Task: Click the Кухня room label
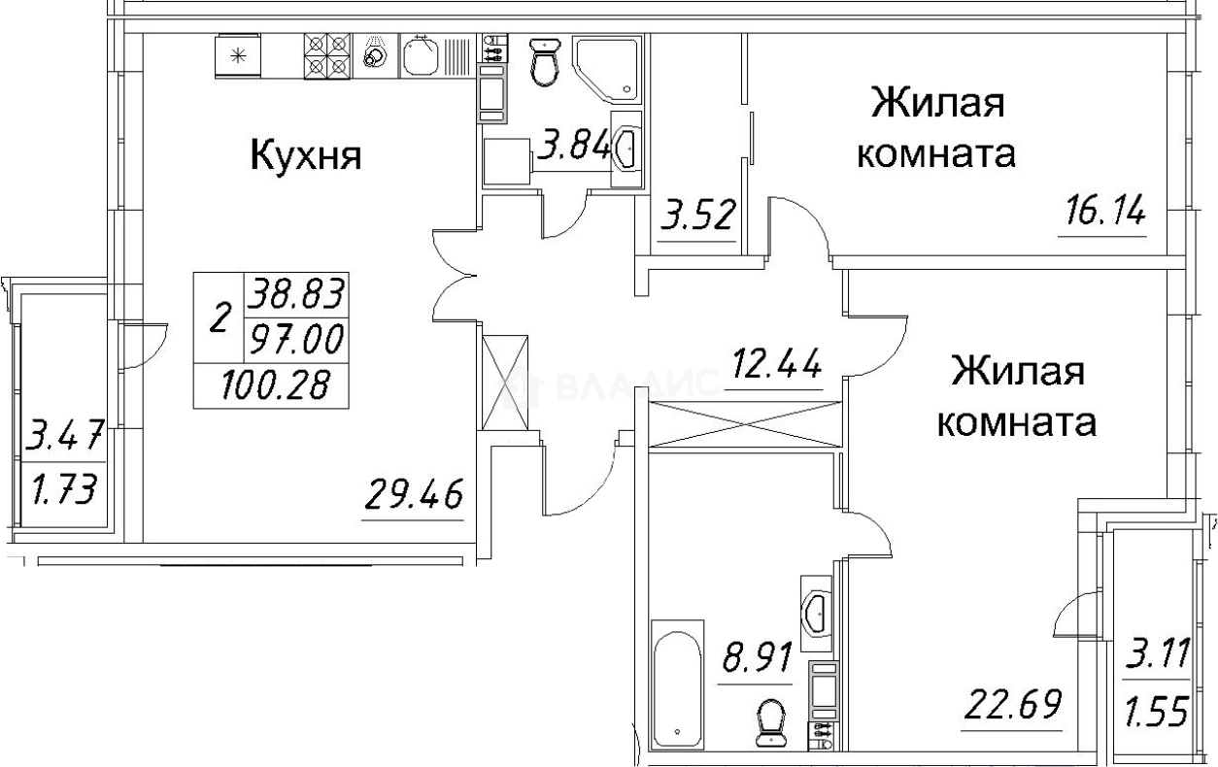[x=307, y=155]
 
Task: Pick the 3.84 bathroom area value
[x=575, y=149]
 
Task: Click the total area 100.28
[x=271, y=385]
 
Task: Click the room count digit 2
[x=221, y=317]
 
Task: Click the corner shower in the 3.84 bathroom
[x=605, y=68]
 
